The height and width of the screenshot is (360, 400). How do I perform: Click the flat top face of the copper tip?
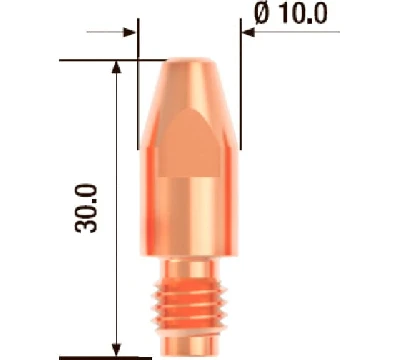click(189, 63)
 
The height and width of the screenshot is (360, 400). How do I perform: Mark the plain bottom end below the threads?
click(189, 335)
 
